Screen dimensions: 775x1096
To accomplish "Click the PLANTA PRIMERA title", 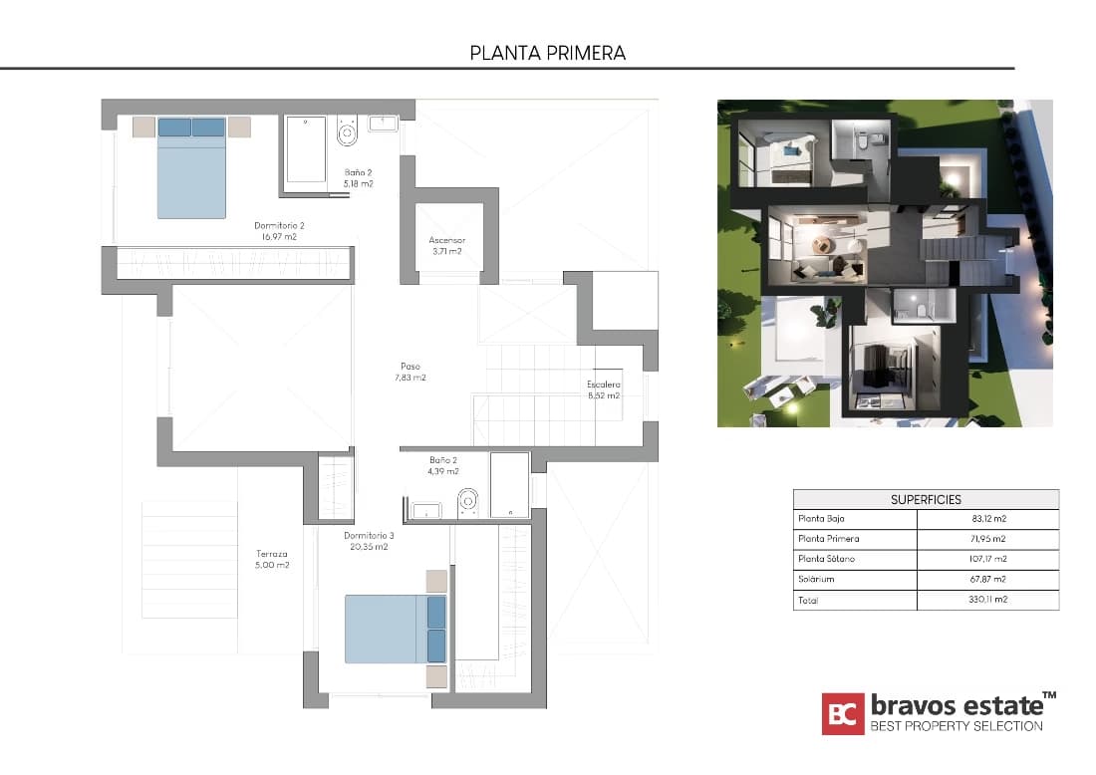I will (x=547, y=53).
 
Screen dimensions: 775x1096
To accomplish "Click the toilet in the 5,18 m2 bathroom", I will (x=348, y=131).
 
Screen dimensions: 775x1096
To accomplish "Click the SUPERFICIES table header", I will (x=926, y=499).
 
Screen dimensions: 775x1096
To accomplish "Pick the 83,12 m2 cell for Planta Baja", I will (x=986, y=519).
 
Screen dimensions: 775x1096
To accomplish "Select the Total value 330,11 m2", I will (x=986, y=600).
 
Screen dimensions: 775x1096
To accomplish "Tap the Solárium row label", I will (x=815, y=579).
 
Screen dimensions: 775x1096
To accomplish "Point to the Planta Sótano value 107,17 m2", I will (x=986, y=559).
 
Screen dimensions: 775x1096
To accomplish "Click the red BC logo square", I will (x=842, y=713).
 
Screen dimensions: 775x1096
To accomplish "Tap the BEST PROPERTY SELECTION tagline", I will (x=957, y=726).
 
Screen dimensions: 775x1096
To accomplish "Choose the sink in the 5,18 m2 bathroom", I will (x=384, y=124).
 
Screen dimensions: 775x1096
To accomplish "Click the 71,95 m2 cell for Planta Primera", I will (x=986, y=539).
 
